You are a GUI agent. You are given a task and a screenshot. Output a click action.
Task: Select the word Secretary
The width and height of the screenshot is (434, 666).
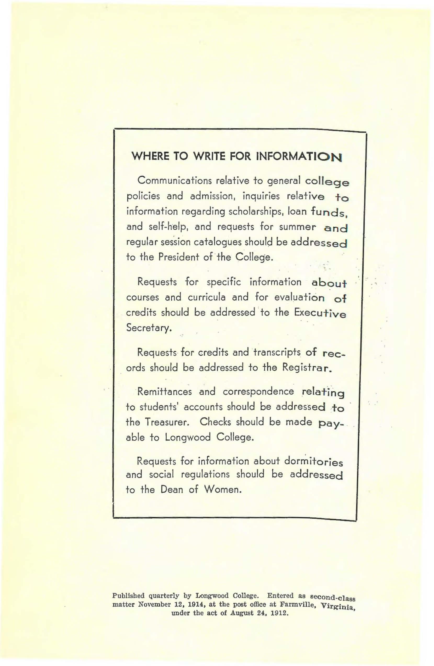[x=148, y=327]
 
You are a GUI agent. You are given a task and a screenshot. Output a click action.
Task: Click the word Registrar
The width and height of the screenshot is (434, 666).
[x=307, y=367]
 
